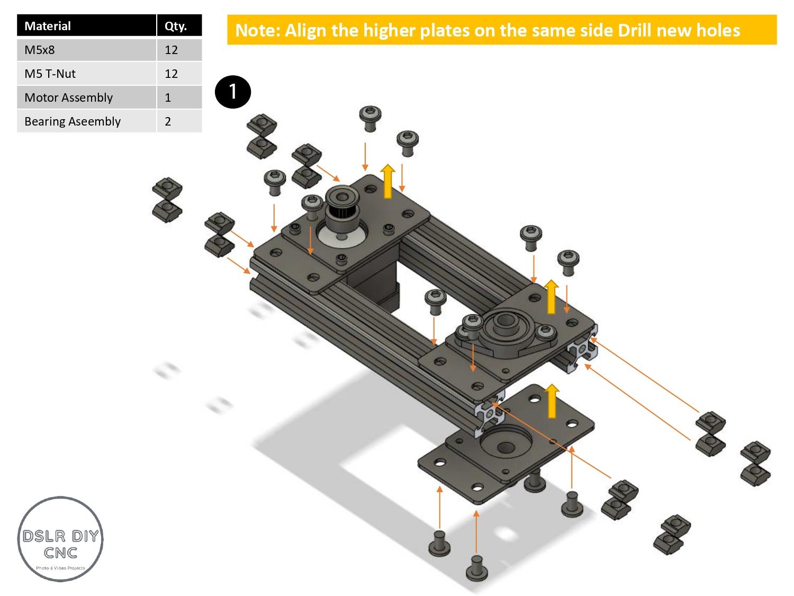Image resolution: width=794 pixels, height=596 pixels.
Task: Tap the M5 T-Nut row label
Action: point(50,74)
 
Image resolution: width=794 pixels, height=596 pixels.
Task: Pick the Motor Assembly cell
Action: point(69,97)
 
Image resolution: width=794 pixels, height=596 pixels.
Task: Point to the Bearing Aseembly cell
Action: point(73,121)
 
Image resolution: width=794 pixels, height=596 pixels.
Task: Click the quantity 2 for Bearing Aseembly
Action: point(168,121)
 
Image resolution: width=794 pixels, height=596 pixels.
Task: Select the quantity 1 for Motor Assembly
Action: point(168,97)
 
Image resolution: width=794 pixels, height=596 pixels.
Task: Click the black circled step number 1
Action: point(232,92)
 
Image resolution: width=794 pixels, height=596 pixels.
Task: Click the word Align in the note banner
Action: point(306,30)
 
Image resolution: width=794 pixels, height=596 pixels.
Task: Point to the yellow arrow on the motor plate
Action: point(388,181)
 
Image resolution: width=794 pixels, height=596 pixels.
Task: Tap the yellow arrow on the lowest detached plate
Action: point(552,402)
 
